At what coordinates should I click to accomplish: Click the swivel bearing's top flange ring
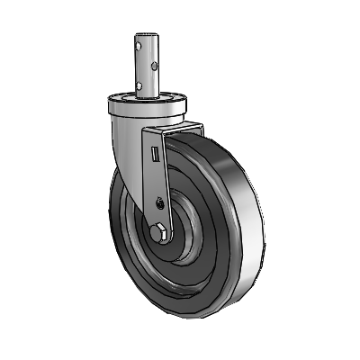pyautogui.click(x=144, y=98)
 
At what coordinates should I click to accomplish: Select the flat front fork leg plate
pyautogui.click(x=158, y=180)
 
